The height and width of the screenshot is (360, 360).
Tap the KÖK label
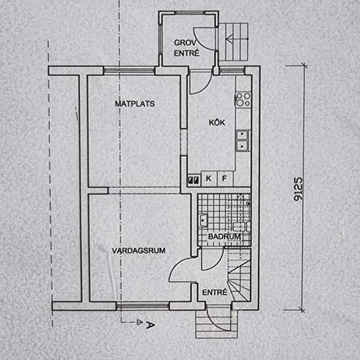217,122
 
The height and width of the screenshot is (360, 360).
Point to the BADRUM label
221,236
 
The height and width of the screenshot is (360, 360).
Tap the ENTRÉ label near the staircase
214,292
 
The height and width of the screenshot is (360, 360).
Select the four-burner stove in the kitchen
243,99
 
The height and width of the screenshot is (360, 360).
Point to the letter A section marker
151,323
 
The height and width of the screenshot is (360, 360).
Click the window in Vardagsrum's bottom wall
143,304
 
